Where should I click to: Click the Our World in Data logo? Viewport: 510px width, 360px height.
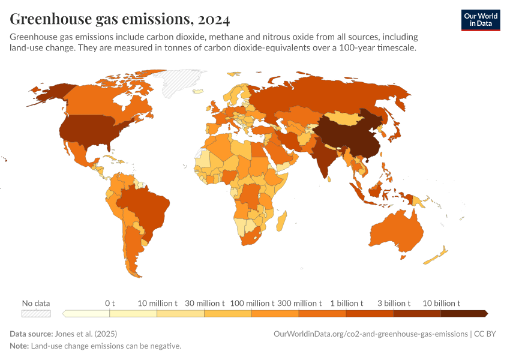[480, 19]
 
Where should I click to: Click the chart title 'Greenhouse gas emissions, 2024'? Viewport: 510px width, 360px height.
[119, 19]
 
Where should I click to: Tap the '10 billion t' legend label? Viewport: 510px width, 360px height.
[441, 303]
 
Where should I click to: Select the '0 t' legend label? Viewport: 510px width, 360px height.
[110, 303]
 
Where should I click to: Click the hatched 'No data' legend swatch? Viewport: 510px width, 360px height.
[36, 313]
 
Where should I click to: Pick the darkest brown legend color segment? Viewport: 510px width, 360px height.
[463, 313]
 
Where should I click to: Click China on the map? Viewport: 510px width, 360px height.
[348, 135]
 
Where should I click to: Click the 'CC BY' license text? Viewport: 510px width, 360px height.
[487, 334]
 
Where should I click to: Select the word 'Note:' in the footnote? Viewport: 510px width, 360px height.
[19, 346]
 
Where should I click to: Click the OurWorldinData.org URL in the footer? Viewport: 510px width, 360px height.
[370, 334]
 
